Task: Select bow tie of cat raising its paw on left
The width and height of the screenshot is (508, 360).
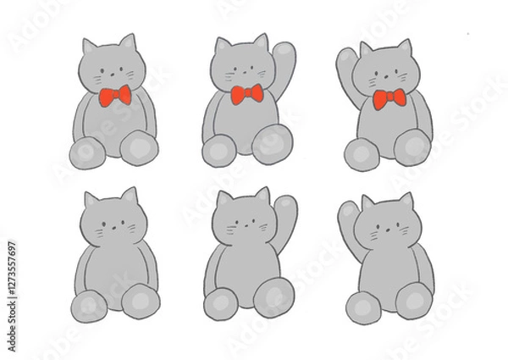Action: pyautogui.click(x=389, y=101)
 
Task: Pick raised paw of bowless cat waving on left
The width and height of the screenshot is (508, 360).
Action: pyautogui.click(x=348, y=217)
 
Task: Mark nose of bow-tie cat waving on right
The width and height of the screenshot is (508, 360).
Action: pyautogui.click(x=246, y=70)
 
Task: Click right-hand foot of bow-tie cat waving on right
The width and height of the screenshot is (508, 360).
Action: pyautogui.click(x=272, y=145)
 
